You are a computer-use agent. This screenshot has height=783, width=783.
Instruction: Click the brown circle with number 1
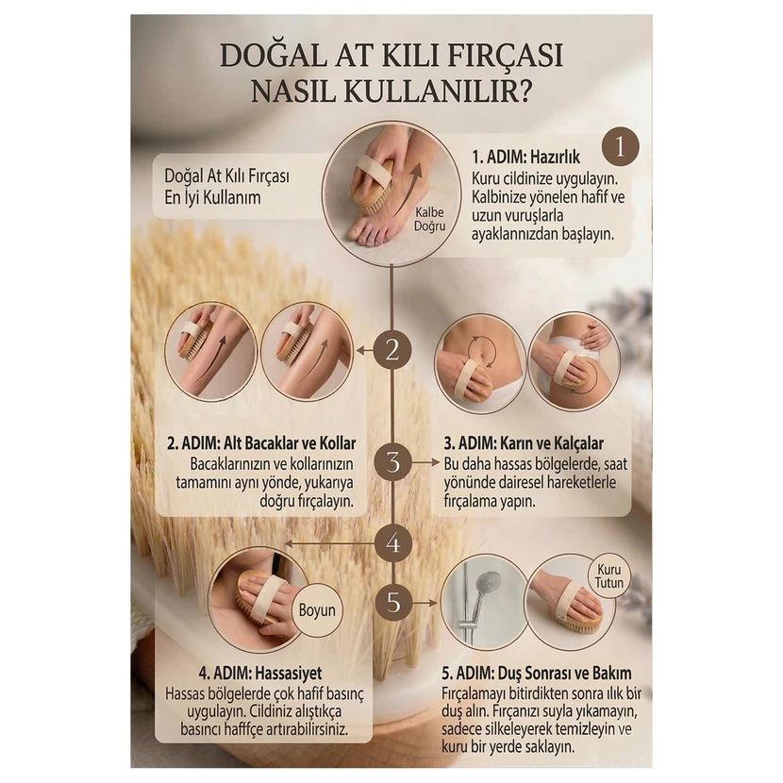tap(620, 147)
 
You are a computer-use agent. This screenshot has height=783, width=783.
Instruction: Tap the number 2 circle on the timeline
tap(392, 350)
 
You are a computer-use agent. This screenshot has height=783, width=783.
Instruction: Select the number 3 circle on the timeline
tap(393, 462)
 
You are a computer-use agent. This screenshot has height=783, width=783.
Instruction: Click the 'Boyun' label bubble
tap(317, 609)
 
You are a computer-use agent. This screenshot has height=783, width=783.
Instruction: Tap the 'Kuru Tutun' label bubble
tap(608, 576)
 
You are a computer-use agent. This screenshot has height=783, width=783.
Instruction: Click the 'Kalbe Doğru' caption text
tap(429, 219)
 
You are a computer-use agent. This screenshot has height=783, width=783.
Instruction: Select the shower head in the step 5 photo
tap(488, 583)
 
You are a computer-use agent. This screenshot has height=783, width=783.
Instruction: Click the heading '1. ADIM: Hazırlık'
tap(525, 157)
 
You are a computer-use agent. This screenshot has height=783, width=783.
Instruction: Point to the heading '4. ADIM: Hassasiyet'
tap(260, 673)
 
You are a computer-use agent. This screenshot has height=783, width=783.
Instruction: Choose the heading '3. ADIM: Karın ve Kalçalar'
tap(524, 443)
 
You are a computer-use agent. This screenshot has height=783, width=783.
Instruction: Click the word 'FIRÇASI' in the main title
tap(505, 56)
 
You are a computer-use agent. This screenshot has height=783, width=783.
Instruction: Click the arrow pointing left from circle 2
tap(365, 351)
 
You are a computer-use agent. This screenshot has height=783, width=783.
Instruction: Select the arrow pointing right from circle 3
tap(426, 462)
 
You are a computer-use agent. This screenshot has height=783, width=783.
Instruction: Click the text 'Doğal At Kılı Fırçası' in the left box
tap(226, 175)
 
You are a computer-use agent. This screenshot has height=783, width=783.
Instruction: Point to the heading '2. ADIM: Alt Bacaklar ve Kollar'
tap(261, 443)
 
